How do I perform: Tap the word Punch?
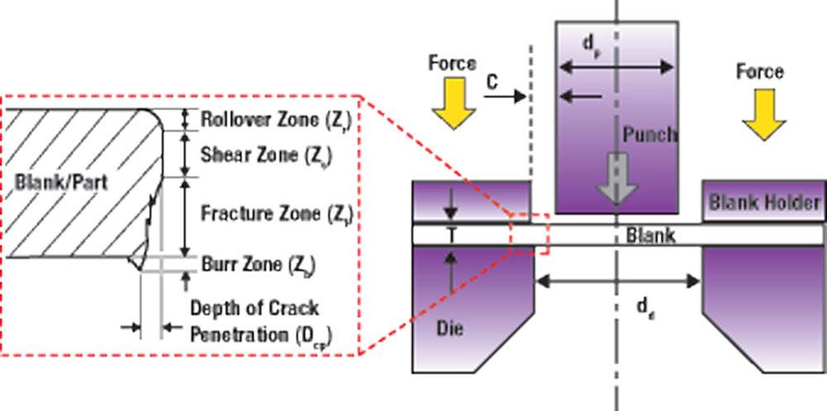click(651, 135)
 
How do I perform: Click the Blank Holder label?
click(764, 203)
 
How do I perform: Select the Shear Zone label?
click(254, 155)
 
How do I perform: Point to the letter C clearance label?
click(492, 81)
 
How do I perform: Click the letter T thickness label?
click(452, 235)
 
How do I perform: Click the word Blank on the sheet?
click(650, 236)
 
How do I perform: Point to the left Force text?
click(452, 63)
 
